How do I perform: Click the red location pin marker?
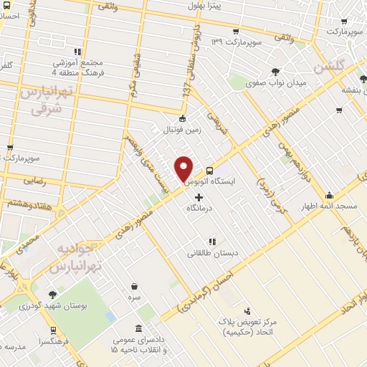click(x=183, y=168)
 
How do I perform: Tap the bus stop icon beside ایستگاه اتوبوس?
click(x=209, y=171)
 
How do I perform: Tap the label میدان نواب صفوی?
click(x=276, y=83)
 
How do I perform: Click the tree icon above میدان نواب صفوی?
click(x=276, y=71)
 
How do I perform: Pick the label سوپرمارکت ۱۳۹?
click(x=234, y=42)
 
